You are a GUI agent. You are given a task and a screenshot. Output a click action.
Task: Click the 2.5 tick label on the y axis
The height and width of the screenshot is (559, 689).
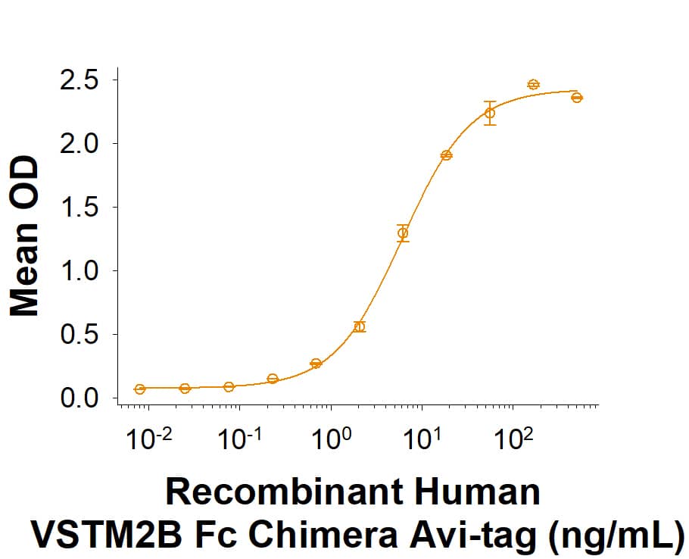81,80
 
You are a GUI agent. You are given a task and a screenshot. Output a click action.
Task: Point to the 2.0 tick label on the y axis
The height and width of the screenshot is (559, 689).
81,143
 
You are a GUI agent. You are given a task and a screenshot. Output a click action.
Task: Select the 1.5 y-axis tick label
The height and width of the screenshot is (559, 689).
81,207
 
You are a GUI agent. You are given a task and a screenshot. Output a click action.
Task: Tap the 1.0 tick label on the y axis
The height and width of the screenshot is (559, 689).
81,270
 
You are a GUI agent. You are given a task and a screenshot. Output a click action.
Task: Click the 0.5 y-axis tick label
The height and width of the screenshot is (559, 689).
81,334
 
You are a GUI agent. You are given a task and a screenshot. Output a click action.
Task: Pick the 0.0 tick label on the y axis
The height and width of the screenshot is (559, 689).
81,398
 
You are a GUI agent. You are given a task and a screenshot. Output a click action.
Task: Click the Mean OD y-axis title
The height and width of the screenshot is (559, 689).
24,236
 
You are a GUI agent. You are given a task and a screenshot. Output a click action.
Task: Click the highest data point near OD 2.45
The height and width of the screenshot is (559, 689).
533,84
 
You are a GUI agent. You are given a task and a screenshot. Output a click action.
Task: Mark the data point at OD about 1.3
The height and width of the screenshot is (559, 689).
403,233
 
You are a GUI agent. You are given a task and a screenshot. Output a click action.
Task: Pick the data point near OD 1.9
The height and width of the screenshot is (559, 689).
446,155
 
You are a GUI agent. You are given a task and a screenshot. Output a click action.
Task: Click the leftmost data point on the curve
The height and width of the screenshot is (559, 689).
140,389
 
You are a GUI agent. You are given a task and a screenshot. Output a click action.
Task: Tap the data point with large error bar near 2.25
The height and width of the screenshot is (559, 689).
490,113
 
